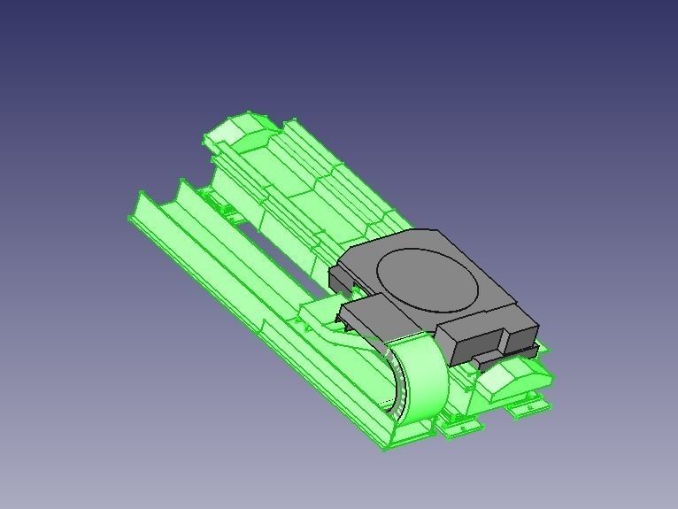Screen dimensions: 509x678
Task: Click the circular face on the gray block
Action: (428, 279)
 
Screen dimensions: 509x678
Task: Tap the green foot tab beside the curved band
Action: (463, 426)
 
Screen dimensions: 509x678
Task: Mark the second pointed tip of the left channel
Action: (183, 183)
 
